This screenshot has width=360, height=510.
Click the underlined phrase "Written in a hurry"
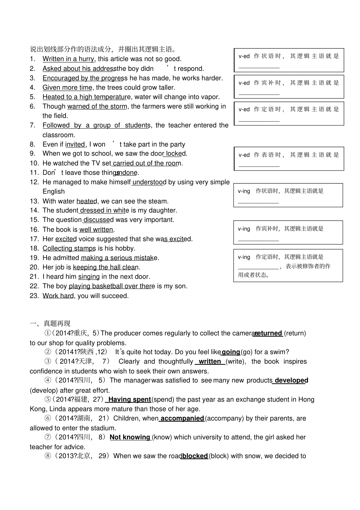click(68, 59)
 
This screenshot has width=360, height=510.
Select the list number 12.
click(34, 182)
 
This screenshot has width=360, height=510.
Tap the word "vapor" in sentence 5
click(211, 97)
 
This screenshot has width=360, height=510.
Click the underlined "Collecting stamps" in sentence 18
click(69, 248)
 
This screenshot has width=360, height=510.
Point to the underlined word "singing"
click(89, 277)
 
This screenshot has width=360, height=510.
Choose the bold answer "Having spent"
click(129, 399)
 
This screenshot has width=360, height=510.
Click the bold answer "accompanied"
click(182, 418)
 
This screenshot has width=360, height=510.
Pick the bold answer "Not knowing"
click(130, 437)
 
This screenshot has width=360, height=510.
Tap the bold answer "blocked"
click(195, 456)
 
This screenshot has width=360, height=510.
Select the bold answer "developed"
click(291, 380)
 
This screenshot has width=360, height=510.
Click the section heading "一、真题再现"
click(50, 323)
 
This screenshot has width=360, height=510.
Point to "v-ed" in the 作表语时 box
click(244, 155)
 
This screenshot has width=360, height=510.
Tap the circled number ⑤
click(48, 399)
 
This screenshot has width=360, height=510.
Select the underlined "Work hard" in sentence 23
click(58, 296)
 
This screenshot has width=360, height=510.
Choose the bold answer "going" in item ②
click(231, 352)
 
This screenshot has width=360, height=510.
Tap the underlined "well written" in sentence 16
click(96, 229)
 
